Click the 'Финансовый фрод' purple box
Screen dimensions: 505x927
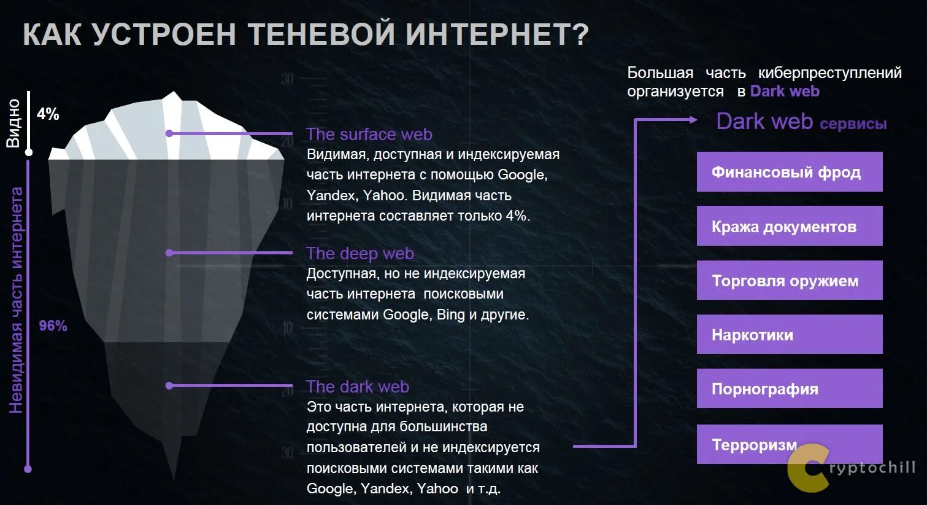789,172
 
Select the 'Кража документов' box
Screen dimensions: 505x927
789,226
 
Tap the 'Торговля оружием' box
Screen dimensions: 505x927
789,280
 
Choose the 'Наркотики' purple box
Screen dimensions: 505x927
789,334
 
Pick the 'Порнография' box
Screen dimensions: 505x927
789,388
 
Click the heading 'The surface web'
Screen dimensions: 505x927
369,134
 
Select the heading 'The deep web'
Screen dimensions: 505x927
360,253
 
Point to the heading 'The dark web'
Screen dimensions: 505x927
357,386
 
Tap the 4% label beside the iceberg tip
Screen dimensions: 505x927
48,114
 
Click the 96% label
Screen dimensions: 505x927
53,326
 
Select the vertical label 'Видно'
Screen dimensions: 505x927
13,123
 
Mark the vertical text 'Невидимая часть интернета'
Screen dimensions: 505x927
16,300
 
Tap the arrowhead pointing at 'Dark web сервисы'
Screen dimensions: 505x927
693,120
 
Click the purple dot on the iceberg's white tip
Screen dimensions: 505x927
169,133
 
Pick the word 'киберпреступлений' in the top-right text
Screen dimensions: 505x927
829,72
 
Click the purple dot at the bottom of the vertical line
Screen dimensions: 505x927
28,469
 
